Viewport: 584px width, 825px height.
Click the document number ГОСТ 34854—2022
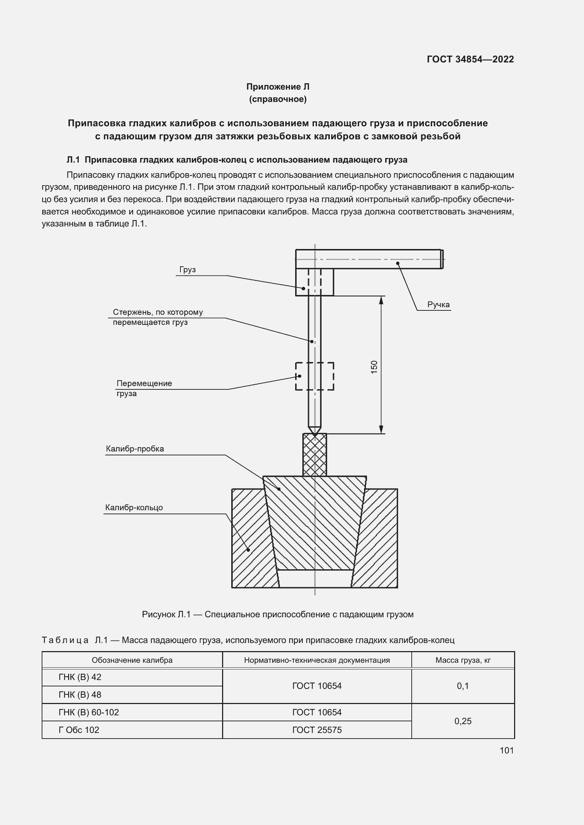(470, 59)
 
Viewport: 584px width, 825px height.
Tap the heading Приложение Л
(278, 87)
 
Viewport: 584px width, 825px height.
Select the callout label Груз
(187, 270)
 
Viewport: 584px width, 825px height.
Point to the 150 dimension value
(374, 367)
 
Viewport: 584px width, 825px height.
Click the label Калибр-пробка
(135, 449)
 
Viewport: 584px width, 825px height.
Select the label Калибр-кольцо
(134, 508)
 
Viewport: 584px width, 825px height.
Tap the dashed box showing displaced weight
(315, 376)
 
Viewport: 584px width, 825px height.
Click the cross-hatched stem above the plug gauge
(315, 455)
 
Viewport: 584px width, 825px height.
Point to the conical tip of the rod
(315, 431)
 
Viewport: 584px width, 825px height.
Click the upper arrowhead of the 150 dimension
(381, 301)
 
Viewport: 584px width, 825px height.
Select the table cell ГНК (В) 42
(80, 677)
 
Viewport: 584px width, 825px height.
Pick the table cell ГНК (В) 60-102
(89, 712)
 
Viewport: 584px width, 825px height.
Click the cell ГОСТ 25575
(317, 730)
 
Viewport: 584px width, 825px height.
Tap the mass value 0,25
(463, 721)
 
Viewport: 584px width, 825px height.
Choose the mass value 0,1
(463, 686)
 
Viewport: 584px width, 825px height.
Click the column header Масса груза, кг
(463, 660)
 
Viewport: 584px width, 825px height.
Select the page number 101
(506, 750)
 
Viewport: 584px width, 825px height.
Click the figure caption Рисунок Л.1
(278, 614)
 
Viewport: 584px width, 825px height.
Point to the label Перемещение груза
(144, 388)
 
